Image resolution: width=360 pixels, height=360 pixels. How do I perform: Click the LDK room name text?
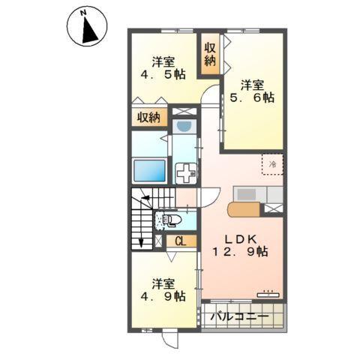(x=239, y=239)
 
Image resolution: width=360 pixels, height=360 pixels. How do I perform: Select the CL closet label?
(x=180, y=241)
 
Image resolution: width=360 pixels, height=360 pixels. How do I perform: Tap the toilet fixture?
(x=168, y=221)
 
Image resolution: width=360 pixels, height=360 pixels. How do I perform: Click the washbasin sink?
(x=183, y=127)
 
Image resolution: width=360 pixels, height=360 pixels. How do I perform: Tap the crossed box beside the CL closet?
(x=159, y=241)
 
